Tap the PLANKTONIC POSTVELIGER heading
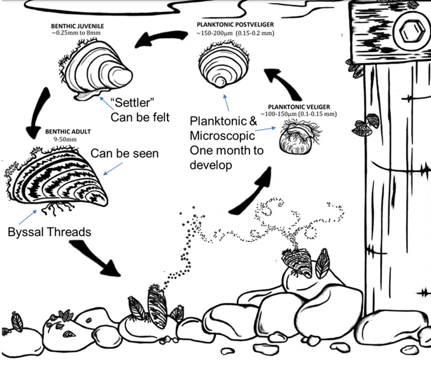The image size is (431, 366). pos(239,22)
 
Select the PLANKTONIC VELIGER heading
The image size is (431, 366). pos(300,106)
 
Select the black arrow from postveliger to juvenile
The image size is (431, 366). pos(157,39)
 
